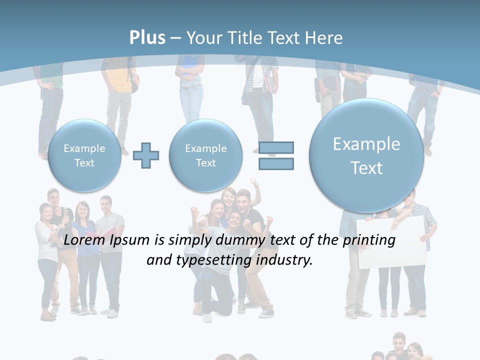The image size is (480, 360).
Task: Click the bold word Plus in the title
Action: tap(147, 38)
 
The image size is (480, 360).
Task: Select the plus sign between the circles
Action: tap(146, 155)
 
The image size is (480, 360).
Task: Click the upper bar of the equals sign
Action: tap(276, 147)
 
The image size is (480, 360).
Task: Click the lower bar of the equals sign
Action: tap(276, 163)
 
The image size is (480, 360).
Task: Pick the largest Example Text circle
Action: tap(366, 156)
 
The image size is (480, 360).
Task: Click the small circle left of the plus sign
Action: tap(84, 155)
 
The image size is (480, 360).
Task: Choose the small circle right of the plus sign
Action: tap(206, 155)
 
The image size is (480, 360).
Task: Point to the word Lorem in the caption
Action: tap(83, 240)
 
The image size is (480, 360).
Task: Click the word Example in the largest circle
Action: tap(366, 144)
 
